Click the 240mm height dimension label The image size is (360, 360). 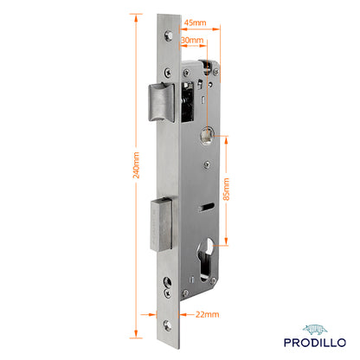[x=136, y=165]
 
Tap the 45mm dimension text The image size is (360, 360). [x=196, y=22]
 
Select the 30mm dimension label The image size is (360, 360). [x=192, y=40]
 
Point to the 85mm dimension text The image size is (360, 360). [x=227, y=190]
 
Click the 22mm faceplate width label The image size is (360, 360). [x=207, y=314]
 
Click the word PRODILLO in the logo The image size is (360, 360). [x=315, y=343]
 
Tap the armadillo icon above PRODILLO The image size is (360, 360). [x=315, y=330]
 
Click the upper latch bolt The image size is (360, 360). [x=162, y=102]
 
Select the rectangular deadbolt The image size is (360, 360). [x=162, y=224]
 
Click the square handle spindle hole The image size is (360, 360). [x=208, y=136]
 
